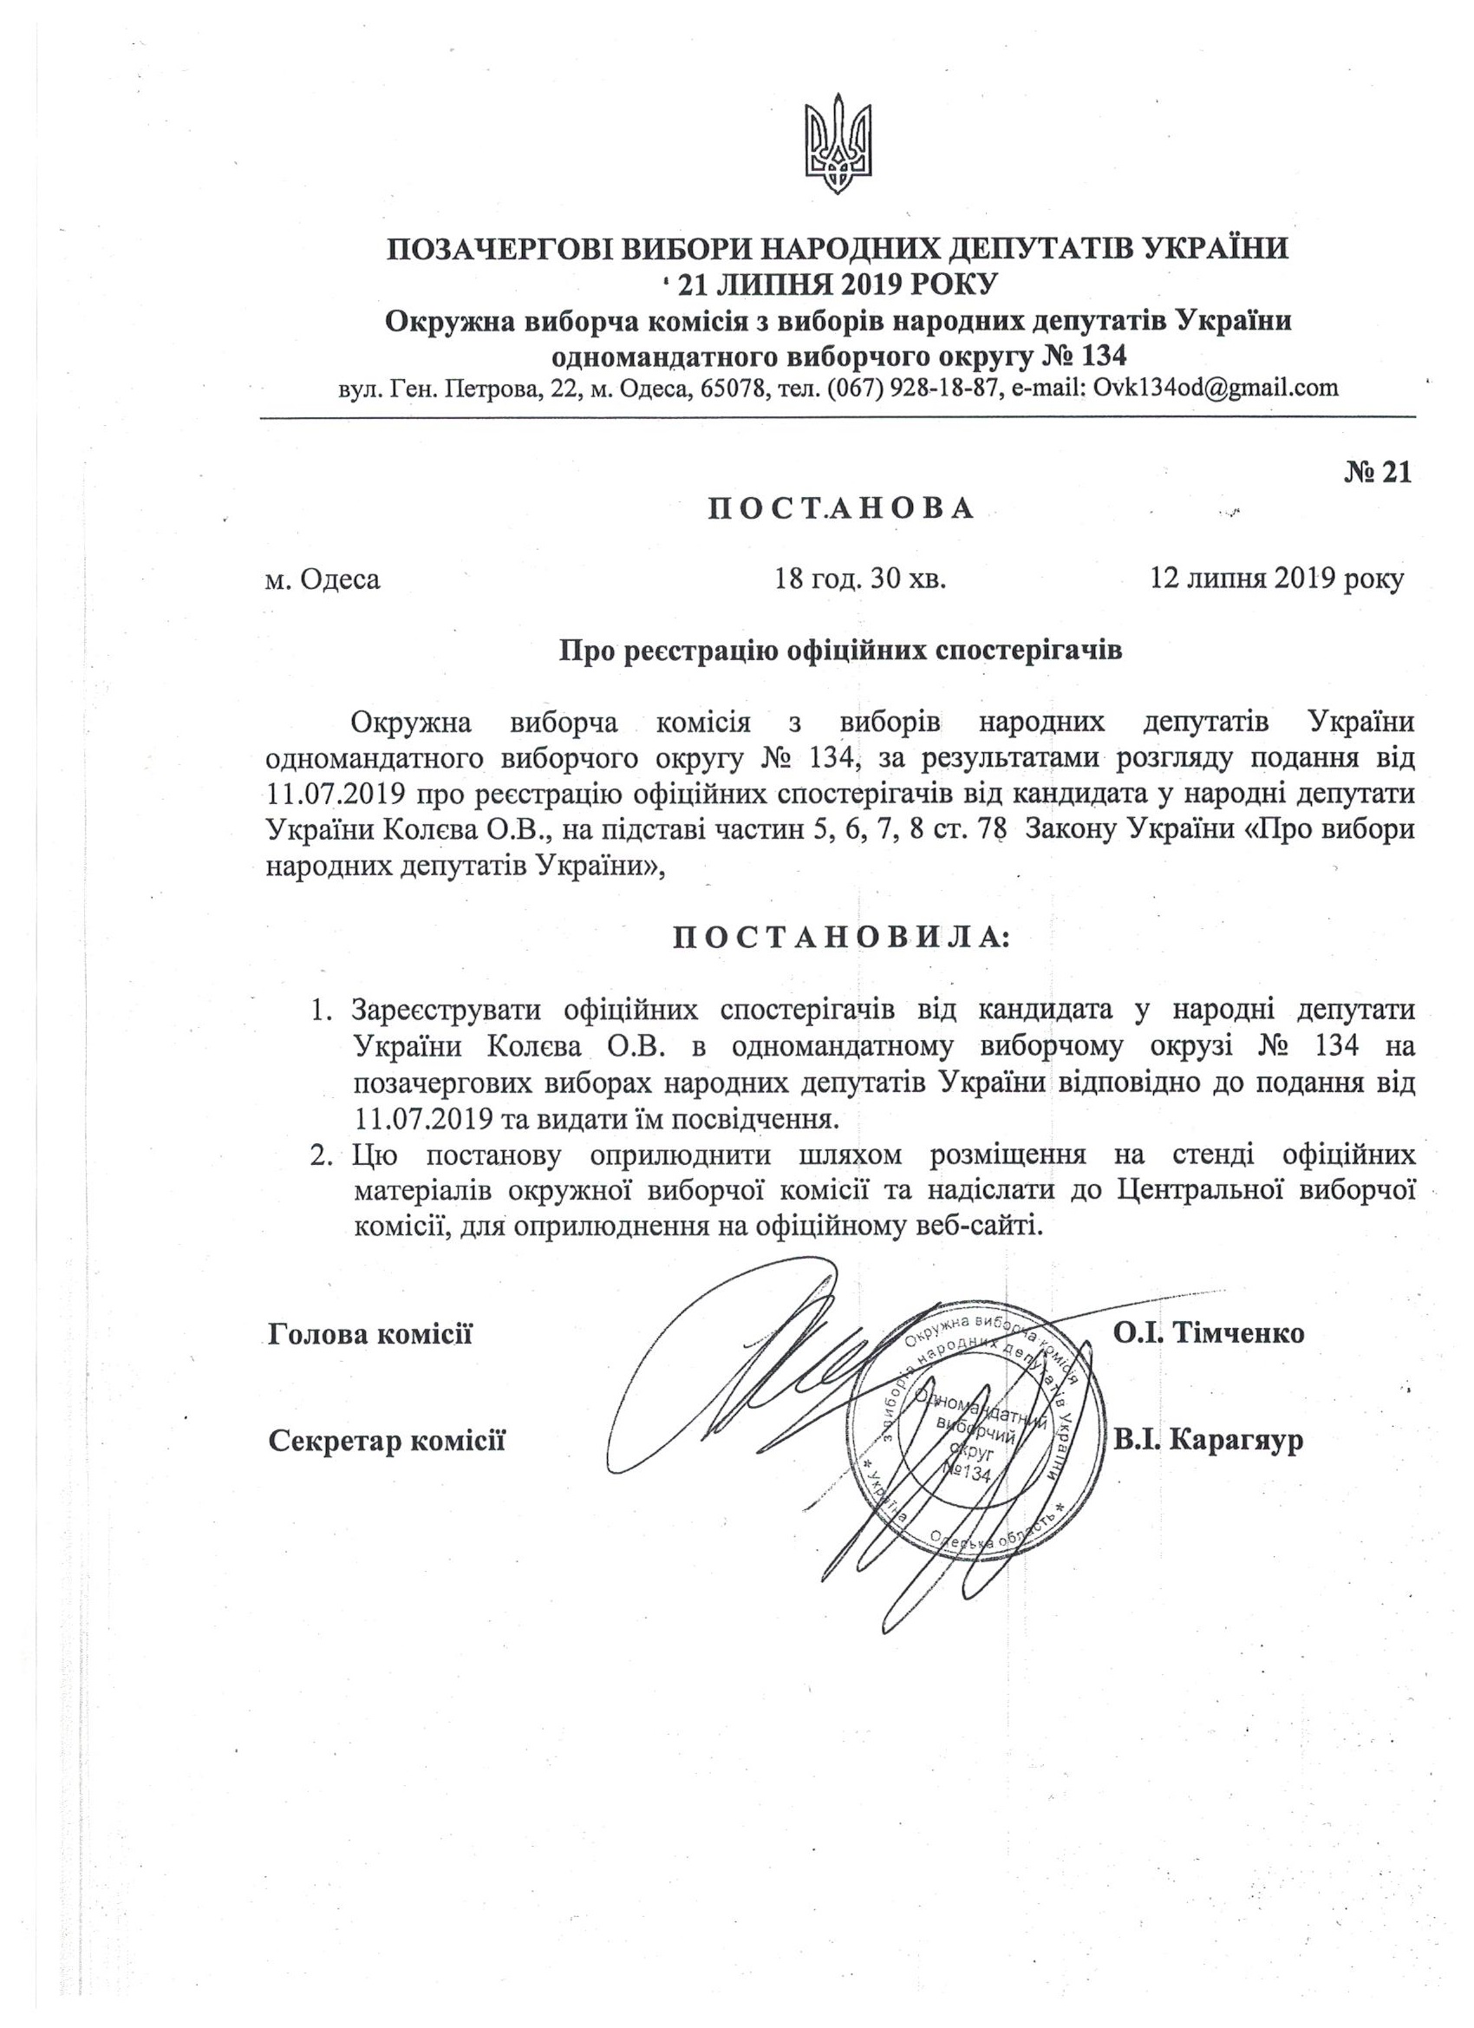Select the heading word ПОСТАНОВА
841,509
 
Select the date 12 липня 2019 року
1276,579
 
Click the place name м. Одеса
323,579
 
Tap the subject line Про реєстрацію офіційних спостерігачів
840,650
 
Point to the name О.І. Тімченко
1209,1334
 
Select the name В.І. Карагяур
1207,1441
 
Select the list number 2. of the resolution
321,1155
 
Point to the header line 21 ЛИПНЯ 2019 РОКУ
837,285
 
